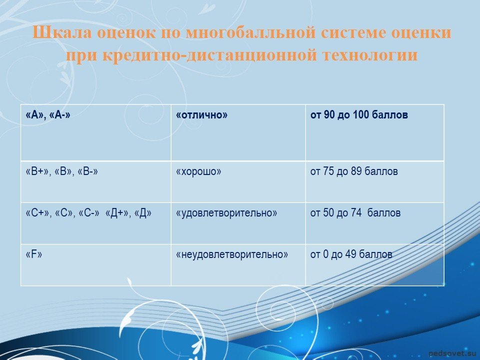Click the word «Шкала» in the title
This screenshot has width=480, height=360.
(x=62, y=32)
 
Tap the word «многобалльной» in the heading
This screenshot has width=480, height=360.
(x=250, y=33)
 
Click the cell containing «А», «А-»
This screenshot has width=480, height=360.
(x=96, y=132)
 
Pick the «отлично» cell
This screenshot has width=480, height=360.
(x=238, y=132)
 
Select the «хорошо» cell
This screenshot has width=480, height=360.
(x=238, y=182)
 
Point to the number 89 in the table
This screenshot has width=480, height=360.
(x=356, y=171)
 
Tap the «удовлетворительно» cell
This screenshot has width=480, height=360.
(x=238, y=223)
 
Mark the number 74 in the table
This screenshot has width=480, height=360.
(x=356, y=213)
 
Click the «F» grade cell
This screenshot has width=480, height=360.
(x=96, y=265)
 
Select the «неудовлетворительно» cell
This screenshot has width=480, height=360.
(x=238, y=265)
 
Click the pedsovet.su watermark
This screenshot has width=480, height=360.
(x=453, y=353)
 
